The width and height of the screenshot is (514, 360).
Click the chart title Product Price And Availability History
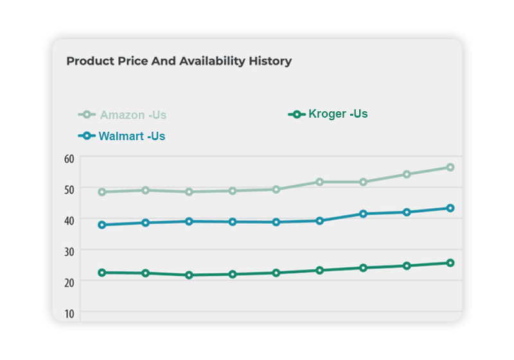tap(179, 62)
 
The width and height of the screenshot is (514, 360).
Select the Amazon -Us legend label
tap(133, 115)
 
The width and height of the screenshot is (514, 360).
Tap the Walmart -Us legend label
tap(132, 136)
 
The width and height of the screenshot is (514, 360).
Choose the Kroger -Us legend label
tap(338, 114)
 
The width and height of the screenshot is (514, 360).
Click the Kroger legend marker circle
tap(297, 114)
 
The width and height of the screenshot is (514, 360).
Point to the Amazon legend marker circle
tap(87, 115)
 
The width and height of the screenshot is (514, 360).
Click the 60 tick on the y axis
tap(69, 158)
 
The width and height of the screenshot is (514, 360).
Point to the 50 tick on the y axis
tap(69, 189)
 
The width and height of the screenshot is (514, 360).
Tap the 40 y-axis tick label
tap(69, 220)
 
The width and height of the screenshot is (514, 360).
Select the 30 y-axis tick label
tap(69, 251)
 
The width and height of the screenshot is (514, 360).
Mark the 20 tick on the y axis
tap(69, 282)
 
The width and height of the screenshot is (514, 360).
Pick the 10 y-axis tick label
tap(69, 312)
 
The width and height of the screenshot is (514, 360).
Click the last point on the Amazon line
tap(450, 167)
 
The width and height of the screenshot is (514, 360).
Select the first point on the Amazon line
tap(102, 192)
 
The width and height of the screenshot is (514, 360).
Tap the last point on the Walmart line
tap(450, 208)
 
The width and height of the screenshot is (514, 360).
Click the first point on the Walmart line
tap(102, 225)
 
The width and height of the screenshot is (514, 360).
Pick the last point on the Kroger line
tap(450, 263)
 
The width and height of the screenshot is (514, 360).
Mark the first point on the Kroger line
tap(102, 273)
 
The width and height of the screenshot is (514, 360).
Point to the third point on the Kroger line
tap(189, 275)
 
